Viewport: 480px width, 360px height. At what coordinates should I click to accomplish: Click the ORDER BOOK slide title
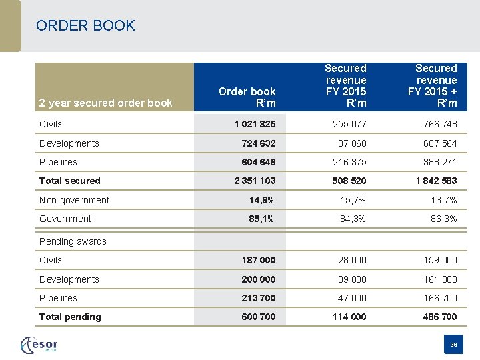pos(86,26)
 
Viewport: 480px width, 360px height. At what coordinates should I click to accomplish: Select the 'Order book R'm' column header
pos(247,97)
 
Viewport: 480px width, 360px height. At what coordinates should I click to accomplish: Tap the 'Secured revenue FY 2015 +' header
pos(436,85)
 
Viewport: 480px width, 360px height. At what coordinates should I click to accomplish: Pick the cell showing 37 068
pos(351,143)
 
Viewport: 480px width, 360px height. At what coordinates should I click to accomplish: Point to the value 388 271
pos(440,162)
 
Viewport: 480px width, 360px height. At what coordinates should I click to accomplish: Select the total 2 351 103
pos(255,181)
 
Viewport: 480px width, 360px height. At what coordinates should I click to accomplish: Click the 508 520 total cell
pos(349,181)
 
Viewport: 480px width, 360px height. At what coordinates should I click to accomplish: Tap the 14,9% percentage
pos(261,200)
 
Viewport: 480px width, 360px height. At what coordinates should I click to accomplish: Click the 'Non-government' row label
pos(75,200)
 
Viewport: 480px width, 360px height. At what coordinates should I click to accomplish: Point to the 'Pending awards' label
pos(73,241)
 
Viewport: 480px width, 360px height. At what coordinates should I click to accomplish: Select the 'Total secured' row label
pos(70,181)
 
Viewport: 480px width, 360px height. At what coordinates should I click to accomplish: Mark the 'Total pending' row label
pos(70,317)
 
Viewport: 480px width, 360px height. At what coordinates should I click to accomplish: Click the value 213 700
pos(259,298)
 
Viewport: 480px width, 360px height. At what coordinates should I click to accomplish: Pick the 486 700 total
pos(440,317)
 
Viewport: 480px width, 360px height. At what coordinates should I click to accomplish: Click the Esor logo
pos(40,345)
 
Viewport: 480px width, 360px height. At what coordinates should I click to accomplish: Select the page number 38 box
pos(453,345)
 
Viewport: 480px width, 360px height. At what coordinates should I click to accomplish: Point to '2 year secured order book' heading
pos(105,103)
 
